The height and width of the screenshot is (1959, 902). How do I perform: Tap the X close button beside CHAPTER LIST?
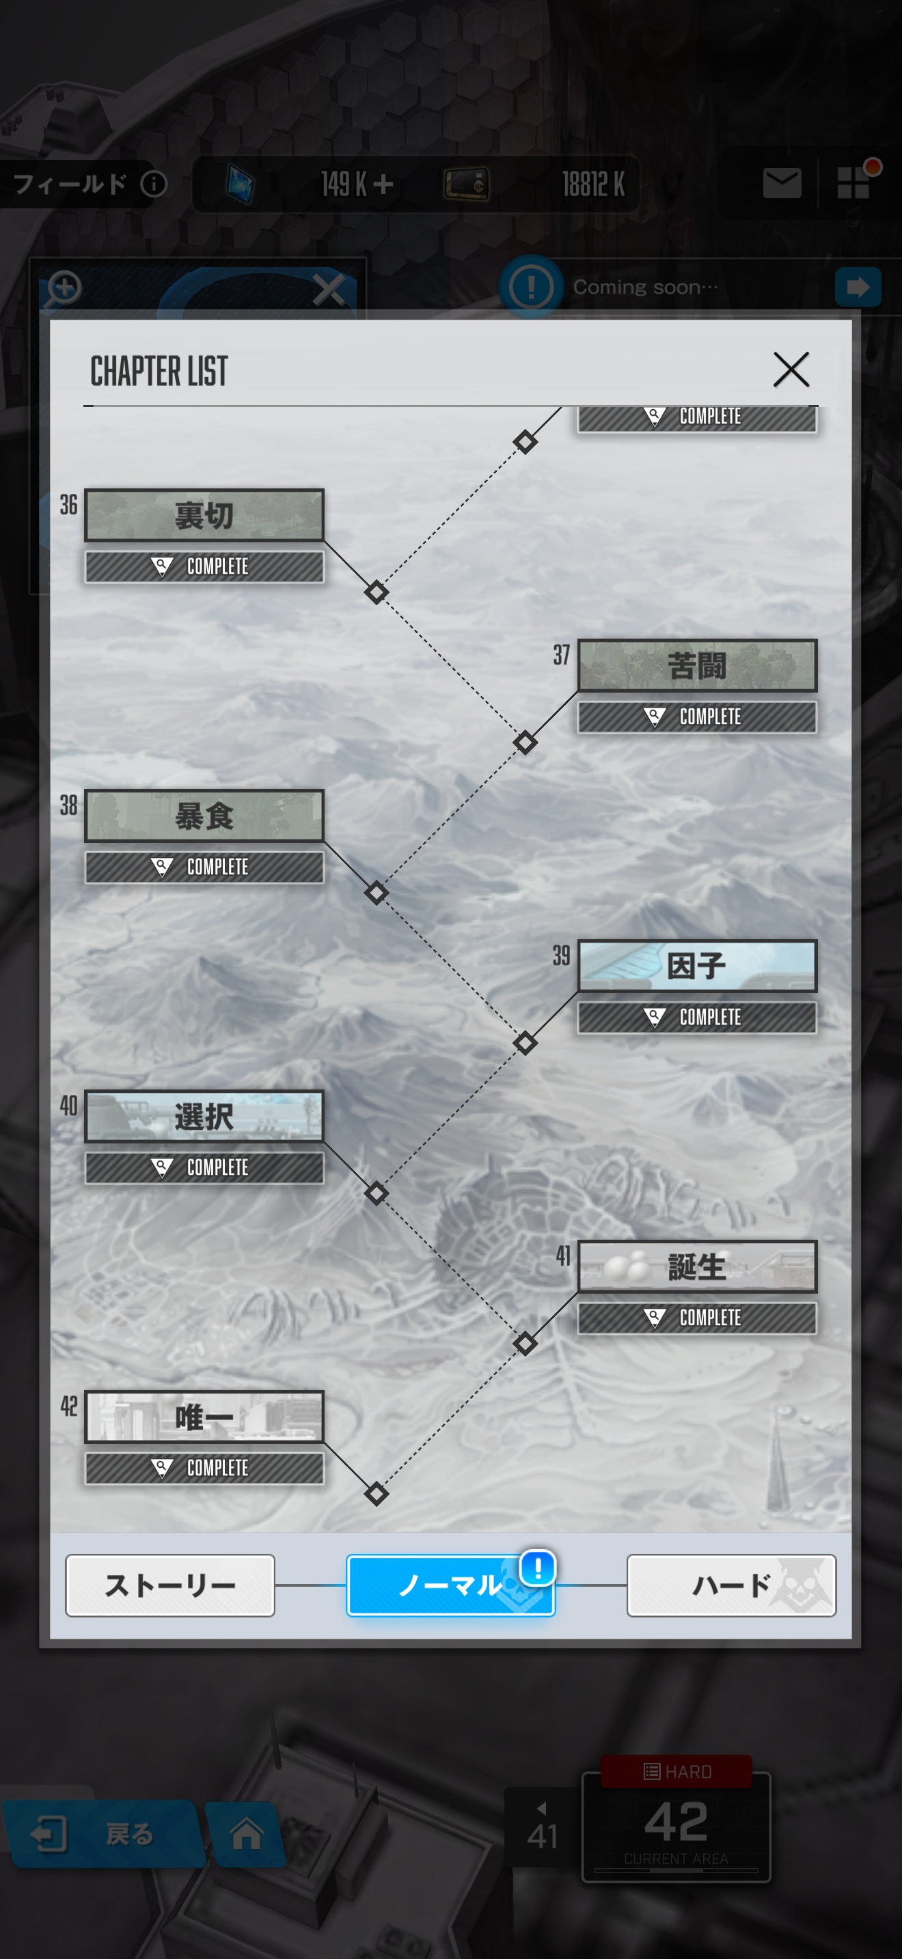pyautogui.click(x=791, y=370)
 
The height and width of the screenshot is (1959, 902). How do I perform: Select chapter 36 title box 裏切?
pyautogui.click(x=204, y=515)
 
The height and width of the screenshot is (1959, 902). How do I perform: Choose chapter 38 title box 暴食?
pyautogui.click(x=204, y=816)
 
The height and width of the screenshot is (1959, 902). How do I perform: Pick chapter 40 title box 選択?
pyautogui.click(x=204, y=1115)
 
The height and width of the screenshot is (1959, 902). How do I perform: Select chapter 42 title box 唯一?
pyautogui.click(x=204, y=1416)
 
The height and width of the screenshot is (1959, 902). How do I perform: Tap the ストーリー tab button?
pyautogui.click(x=170, y=1585)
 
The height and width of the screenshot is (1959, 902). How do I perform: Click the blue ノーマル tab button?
pyautogui.click(x=450, y=1585)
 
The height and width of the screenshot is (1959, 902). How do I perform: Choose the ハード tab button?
pyautogui.click(x=732, y=1585)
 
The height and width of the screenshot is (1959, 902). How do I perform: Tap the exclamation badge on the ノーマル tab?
pyautogui.click(x=538, y=1568)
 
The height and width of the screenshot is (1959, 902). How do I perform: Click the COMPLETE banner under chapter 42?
pyautogui.click(x=204, y=1468)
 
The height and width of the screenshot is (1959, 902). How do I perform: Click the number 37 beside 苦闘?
pyautogui.click(x=561, y=655)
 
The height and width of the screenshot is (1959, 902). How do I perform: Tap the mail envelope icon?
pyautogui.click(x=782, y=183)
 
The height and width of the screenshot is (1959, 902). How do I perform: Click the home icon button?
pyautogui.click(x=247, y=1833)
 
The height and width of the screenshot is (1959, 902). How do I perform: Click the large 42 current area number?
pyautogui.click(x=676, y=1822)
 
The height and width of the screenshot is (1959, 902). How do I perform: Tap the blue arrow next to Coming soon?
pyautogui.click(x=858, y=287)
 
